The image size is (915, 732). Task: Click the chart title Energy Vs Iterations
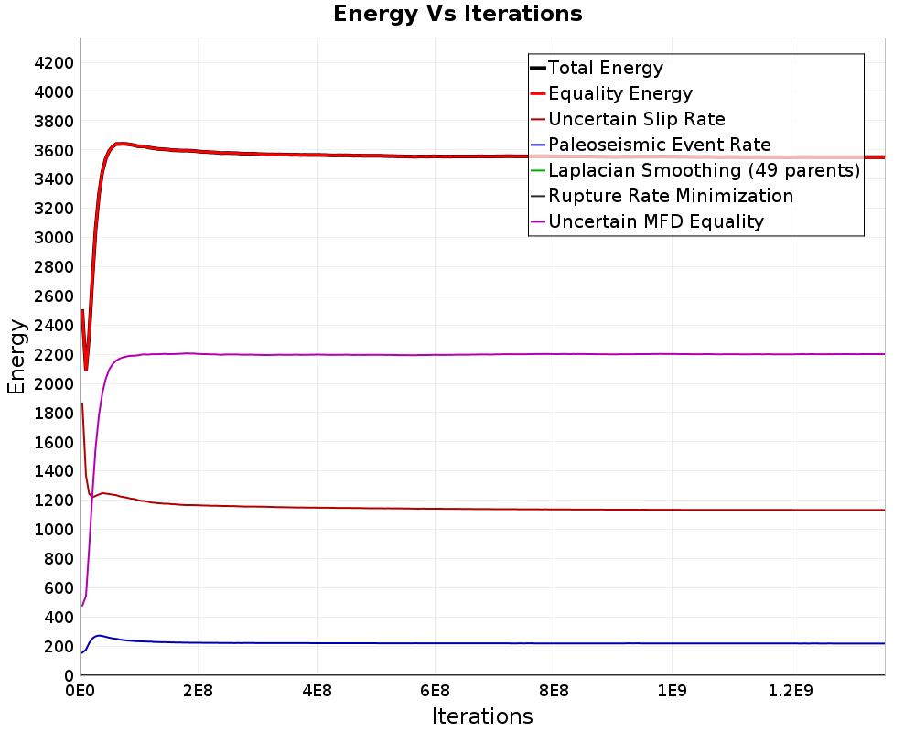click(457, 14)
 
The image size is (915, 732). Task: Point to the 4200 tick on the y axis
click(54, 63)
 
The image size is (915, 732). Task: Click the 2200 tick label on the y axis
click(54, 355)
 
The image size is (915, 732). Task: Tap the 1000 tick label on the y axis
click(54, 530)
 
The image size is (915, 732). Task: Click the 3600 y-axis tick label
click(54, 151)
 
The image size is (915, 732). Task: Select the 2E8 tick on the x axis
click(198, 691)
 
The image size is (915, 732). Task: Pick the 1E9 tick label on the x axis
click(672, 691)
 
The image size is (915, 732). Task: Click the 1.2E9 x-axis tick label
click(791, 691)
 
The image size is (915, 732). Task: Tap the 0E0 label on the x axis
click(80, 691)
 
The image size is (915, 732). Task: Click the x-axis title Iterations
click(482, 716)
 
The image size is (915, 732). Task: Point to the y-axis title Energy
click(16, 357)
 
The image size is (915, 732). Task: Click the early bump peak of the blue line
click(99, 636)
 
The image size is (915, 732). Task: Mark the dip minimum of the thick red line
click(86, 370)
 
